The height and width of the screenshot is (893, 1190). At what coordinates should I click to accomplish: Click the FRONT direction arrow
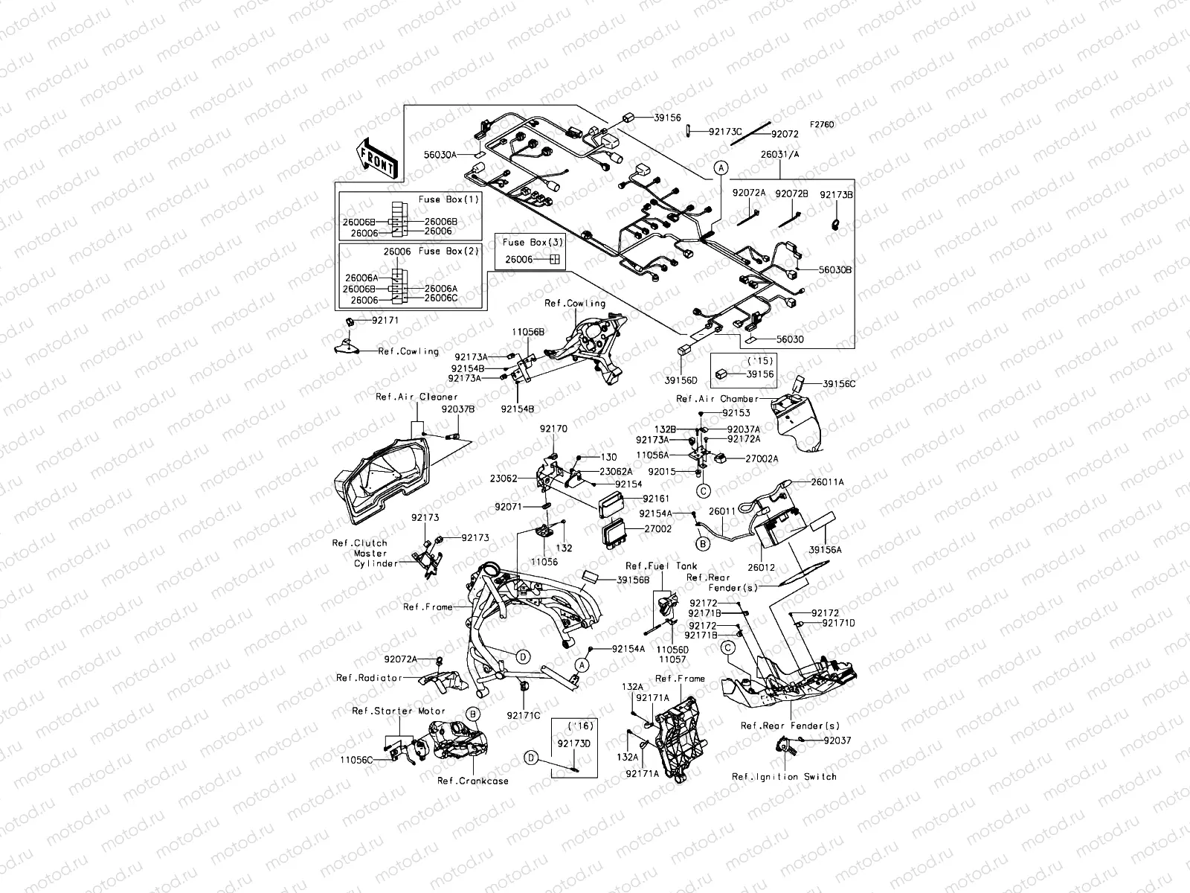point(379,159)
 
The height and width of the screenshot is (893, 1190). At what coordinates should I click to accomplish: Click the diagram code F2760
point(822,124)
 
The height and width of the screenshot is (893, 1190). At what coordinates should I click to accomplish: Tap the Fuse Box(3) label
point(533,243)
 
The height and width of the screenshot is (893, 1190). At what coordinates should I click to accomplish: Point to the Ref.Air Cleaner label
point(416,397)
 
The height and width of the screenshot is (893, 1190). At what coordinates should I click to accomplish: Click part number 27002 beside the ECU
point(657,528)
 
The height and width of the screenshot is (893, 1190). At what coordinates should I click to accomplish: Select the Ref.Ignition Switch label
point(784,776)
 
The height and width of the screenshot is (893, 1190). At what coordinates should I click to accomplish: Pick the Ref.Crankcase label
point(473,781)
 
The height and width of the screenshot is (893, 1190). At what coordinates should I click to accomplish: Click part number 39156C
point(840,384)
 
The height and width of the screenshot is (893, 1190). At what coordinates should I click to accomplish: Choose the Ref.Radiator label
point(369,678)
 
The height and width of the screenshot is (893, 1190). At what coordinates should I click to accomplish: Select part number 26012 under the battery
point(762,567)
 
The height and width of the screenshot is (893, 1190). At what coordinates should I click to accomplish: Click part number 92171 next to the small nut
point(385,320)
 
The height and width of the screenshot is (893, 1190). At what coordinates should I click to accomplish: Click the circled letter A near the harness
point(720,168)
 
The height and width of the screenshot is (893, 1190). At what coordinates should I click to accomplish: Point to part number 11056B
point(528,330)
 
